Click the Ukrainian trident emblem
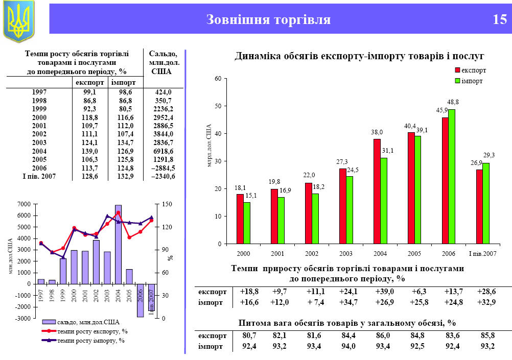[x=18, y=20]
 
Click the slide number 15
[x=499, y=20]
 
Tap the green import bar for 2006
[x=451, y=176]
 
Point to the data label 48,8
[x=453, y=102]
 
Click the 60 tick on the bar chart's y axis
[x=218, y=79]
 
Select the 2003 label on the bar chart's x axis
[x=346, y=253]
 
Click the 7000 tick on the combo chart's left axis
[x=24, y=204]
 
